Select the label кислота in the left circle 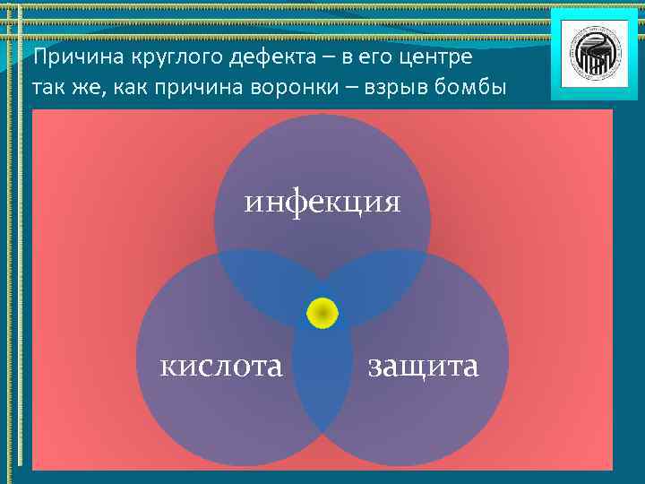221,366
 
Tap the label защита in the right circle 423,366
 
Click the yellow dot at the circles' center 322,313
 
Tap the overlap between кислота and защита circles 322,385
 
